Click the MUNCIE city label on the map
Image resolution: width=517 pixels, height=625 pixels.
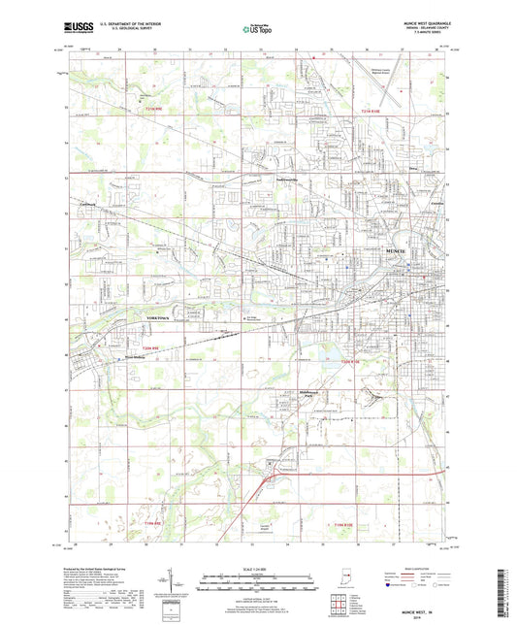tap(372, 249)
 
